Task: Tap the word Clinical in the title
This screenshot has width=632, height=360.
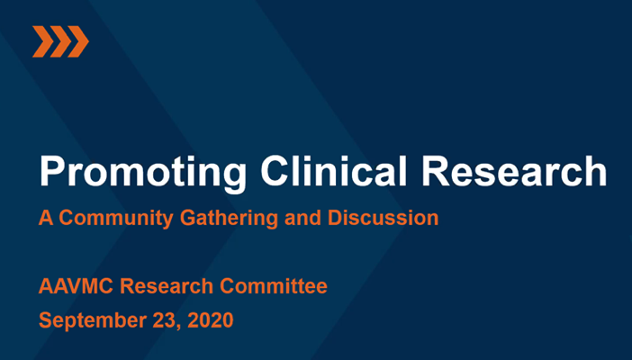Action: tap(334, 170)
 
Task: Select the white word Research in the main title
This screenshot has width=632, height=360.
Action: tap(514, 171)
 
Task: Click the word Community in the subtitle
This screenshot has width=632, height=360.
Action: tap(116, 219)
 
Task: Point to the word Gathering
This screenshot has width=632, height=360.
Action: tap(229, 219)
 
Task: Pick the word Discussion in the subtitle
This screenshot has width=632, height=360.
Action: tap(383, 218)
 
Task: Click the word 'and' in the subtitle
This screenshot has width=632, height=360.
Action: tap(302, 218)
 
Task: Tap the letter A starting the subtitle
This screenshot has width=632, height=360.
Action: tap(46, 218)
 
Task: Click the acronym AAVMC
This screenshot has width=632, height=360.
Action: tap(77, 286)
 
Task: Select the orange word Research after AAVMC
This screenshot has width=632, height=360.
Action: tap(167, 286)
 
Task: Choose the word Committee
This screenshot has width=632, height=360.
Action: tap(274, 286)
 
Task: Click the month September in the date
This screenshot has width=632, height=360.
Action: tap(93, 321)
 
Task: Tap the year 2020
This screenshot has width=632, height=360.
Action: tap(211, 320)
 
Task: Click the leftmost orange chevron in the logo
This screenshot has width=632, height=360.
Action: tap(42, 41)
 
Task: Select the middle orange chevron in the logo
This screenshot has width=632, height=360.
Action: tap(60, 41)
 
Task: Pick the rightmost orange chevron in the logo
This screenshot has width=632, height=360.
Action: tap(78, 41)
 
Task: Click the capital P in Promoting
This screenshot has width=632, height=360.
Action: tap(52, 171)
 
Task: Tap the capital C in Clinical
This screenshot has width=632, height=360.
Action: tap(275, 171)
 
